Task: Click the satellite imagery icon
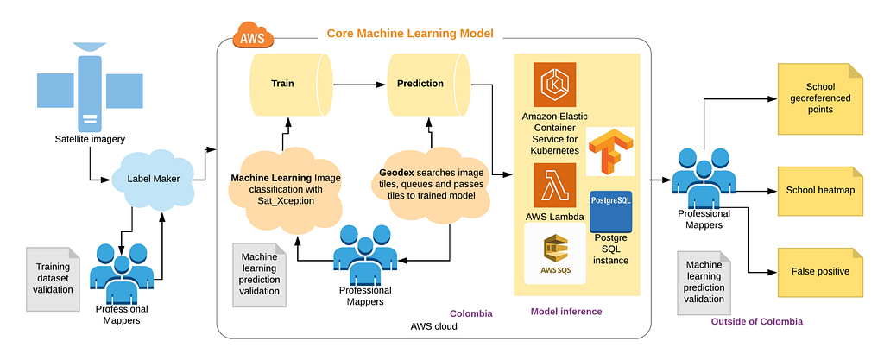coord(90,85)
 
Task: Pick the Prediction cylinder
coord(429,84)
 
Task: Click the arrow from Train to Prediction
coord(360,85)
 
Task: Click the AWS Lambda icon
coord(555,186)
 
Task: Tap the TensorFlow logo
coord(610,150)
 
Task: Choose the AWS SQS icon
coord(555,253)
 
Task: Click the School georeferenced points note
coord(820,98)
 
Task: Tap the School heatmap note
coord(820,191)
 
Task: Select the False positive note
coord(820,272)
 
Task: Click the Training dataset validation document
coord(54,278)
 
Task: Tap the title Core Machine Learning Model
coord(410,34)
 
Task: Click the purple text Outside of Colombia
coord(756,322)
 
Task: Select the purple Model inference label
coord(566,311)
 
